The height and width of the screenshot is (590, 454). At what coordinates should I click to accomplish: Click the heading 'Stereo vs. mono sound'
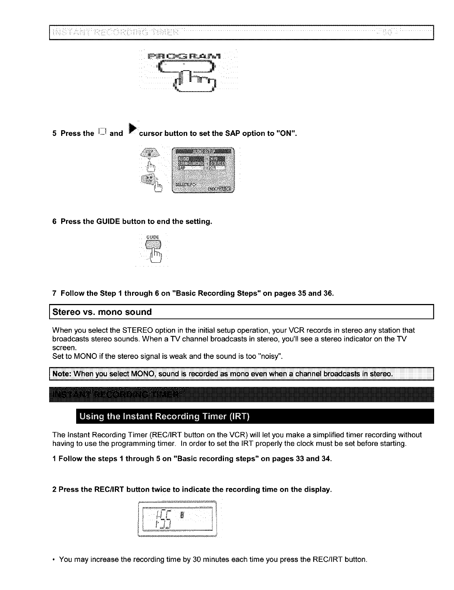point(102,312)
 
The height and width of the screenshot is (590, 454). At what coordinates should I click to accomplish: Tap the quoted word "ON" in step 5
point(287,133)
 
